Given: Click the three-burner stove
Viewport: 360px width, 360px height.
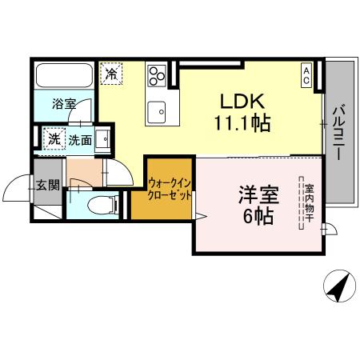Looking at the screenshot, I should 155,76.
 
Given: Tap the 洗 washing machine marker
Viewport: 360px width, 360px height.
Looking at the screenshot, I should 54,138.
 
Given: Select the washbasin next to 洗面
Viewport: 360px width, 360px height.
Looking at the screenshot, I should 103,134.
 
